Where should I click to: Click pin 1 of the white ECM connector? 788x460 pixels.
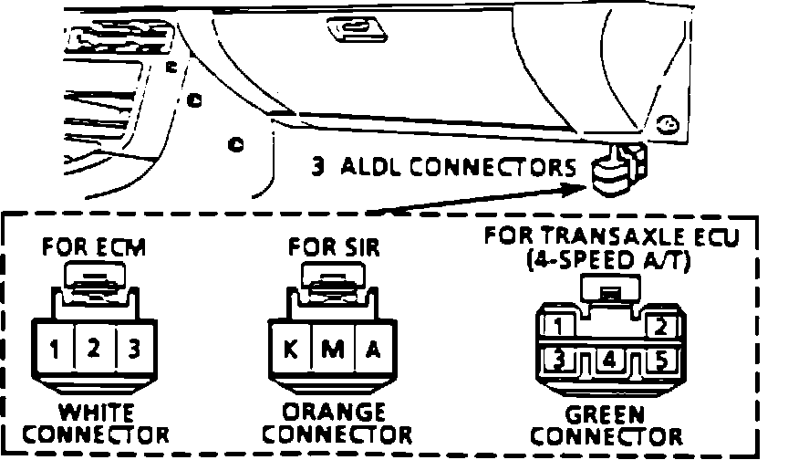(x=57, y=349)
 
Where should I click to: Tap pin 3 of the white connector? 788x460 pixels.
(x=133, y=349)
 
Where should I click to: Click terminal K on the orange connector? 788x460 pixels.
(x=290, y=349)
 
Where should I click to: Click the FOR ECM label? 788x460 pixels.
(x=94, y=247)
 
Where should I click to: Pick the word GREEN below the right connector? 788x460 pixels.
(x=606, y=415)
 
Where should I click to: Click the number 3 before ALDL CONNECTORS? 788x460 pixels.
(x=318, y=167)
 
